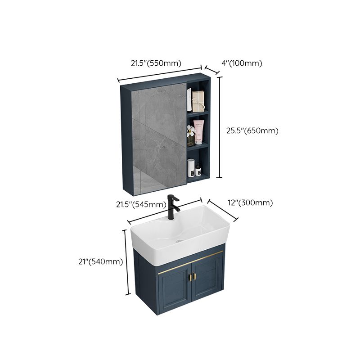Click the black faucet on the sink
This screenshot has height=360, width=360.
(x=172, y=207)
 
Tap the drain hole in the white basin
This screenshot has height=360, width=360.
(x=180, y=240)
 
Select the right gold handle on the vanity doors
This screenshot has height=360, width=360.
(x=196, y=278)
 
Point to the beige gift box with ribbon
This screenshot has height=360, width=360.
(x=198, y=101)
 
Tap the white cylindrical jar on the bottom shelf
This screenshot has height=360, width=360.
(x=190, y=169)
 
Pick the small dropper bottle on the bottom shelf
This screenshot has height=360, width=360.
(x=198, y=169)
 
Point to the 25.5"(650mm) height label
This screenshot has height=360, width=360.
(x=252, y=130)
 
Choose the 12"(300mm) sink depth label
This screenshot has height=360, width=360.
(x=251, y=202)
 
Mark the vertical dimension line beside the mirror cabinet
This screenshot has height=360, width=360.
(x=220, y=127)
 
